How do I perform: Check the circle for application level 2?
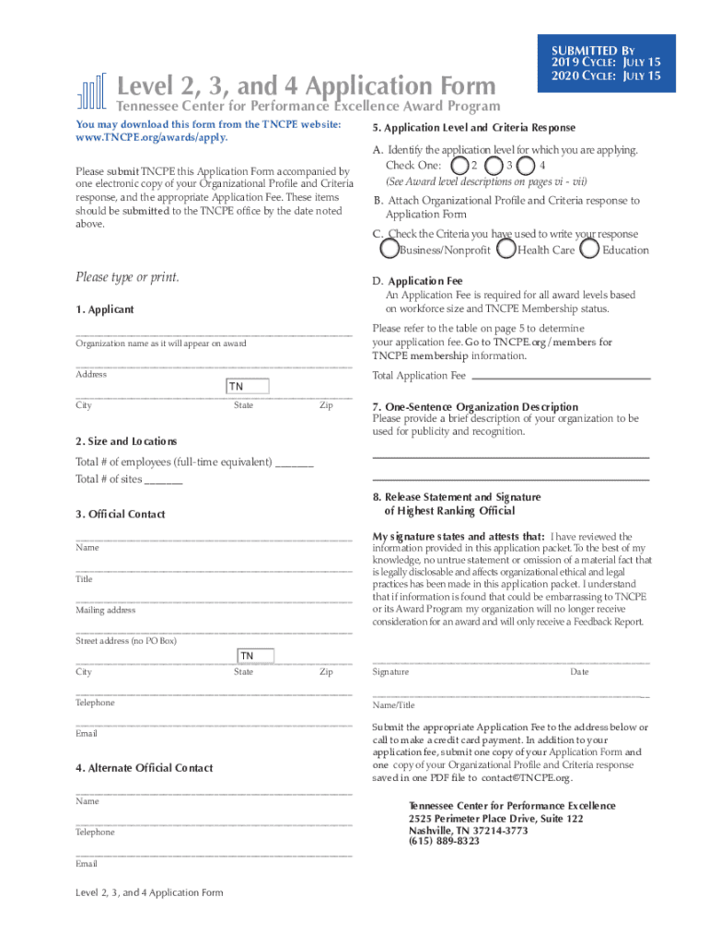459,166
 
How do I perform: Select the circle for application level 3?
495,166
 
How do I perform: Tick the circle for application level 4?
526,166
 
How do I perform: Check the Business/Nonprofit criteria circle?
389,250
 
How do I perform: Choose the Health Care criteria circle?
506,250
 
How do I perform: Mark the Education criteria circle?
590,250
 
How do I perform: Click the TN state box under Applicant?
248,387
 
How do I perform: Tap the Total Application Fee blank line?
561,376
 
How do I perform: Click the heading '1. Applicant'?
104,309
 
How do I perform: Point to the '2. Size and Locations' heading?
126,442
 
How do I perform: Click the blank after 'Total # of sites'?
164,480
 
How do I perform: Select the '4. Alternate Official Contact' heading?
145,768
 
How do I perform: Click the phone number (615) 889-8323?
444,841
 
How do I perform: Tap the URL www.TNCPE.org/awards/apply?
151,137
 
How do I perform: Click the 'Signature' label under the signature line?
390,672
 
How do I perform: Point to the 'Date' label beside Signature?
579,672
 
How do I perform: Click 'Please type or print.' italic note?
127,277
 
